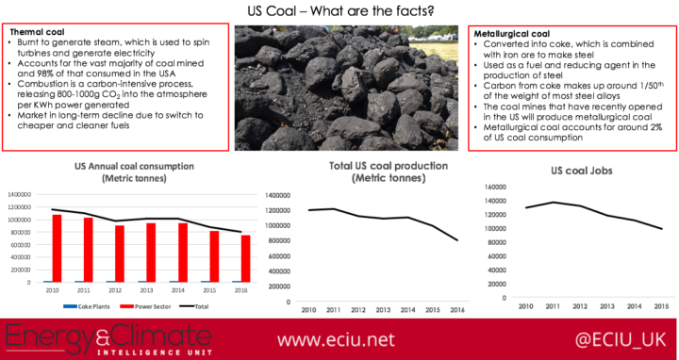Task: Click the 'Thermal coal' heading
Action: (34, 33)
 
